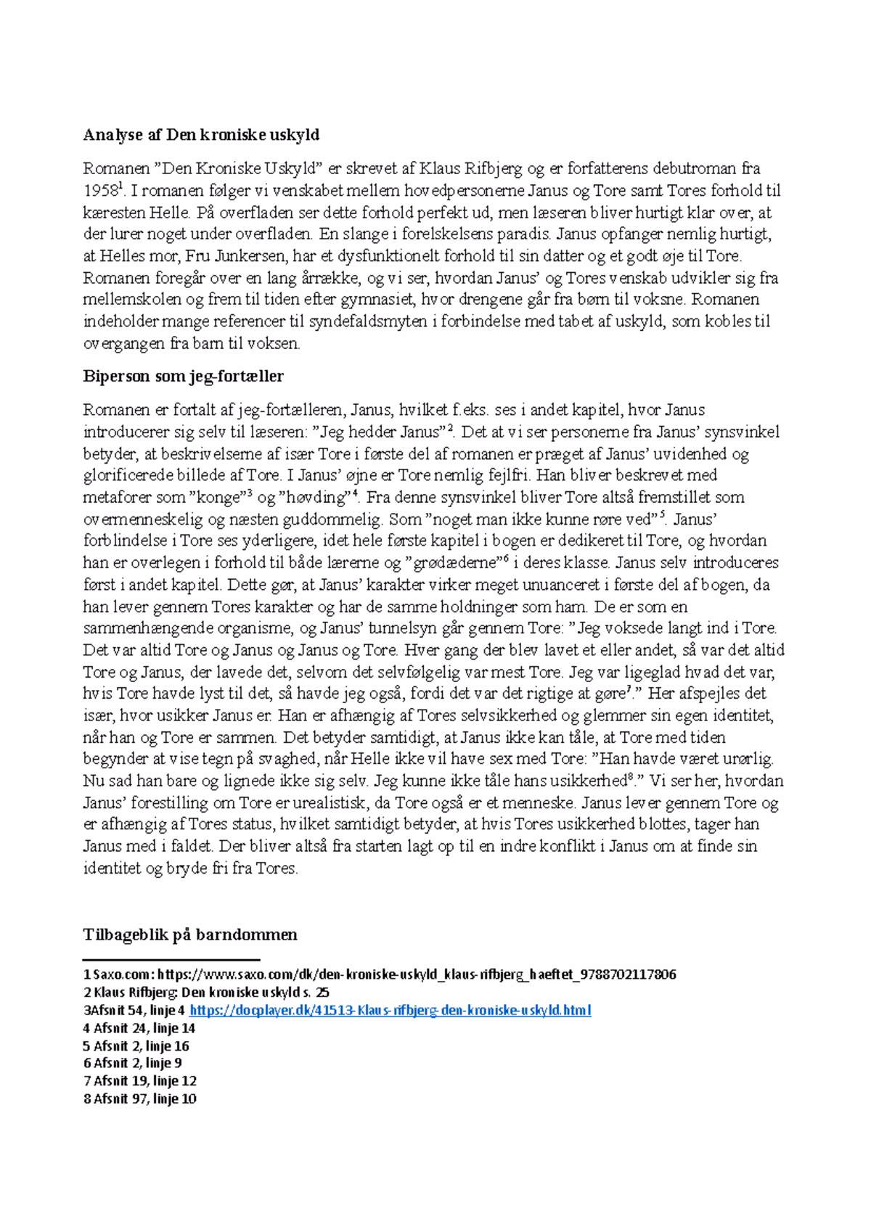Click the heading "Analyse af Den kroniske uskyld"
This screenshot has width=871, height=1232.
click(201, 135)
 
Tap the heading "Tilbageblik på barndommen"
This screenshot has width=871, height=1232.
click(190, 935)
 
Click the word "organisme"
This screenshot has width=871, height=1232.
click(246, 628)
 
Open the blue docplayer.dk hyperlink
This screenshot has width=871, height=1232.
click(390, 1010)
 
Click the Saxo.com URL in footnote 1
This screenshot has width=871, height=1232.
click(417, 974)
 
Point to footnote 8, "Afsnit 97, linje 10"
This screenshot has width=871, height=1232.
click(140, 1098)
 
